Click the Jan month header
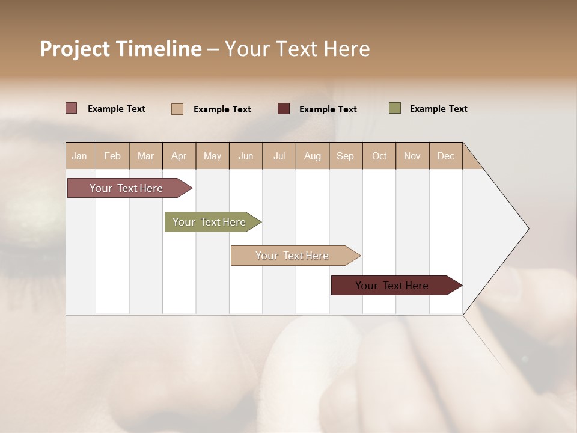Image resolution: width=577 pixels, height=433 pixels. (x=79, y=156)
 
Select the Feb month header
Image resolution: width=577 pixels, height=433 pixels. (x=112, y=156)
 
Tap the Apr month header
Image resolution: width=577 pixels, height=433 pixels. (x=179, y=156)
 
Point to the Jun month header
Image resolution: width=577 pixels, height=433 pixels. (x=246, y=156)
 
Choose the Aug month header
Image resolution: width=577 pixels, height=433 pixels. (x=312, y=156)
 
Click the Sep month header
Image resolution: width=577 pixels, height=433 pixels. (x=345, y=156)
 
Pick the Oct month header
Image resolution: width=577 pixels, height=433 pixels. (x=379, y=156)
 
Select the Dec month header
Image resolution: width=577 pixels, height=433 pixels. (x=445, y=156)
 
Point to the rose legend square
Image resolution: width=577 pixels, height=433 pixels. (x=72, y=108)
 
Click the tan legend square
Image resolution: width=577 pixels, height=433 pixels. (x=177, y=109)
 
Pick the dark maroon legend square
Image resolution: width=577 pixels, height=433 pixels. (x=284, y=108)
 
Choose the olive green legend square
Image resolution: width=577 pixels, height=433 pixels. (x=395, y=108)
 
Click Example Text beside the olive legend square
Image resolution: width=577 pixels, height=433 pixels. (x=438, y=109)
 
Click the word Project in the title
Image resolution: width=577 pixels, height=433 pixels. (x=76, y=49)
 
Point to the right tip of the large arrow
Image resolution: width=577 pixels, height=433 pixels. (x=527, y=229)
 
